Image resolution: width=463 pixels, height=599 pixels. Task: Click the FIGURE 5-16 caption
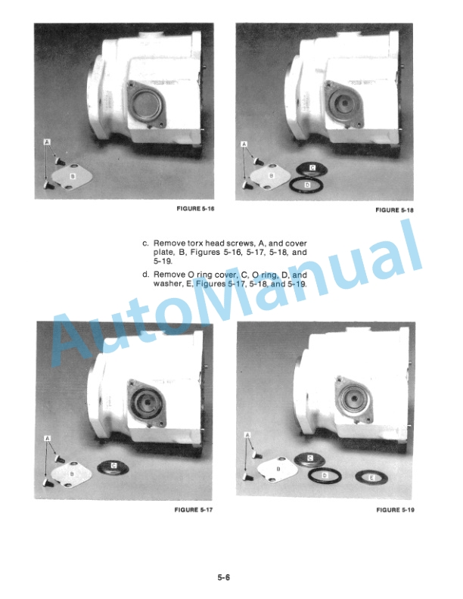click(x=195, y=209)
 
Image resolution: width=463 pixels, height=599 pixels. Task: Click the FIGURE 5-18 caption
click(x=394, y=210)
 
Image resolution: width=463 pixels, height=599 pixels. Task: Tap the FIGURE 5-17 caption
click(x=194, y=510)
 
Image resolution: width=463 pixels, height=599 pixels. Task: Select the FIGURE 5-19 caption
click(x=395, y=510)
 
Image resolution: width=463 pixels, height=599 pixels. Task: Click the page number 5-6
click(x=224, y=577)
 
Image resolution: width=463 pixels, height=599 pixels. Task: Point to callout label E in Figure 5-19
click(x=371, y=477)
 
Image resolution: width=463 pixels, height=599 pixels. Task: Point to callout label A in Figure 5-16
click(x=47, y=142)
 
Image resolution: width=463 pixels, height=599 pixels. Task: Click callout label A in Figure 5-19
click(x=247, y=435)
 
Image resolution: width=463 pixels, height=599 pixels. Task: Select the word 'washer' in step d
click(x=165, y=284)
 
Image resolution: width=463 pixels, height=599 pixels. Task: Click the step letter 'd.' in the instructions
click(x=145, y=275)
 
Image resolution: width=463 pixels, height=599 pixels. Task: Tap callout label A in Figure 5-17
click(x=48, y=438)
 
